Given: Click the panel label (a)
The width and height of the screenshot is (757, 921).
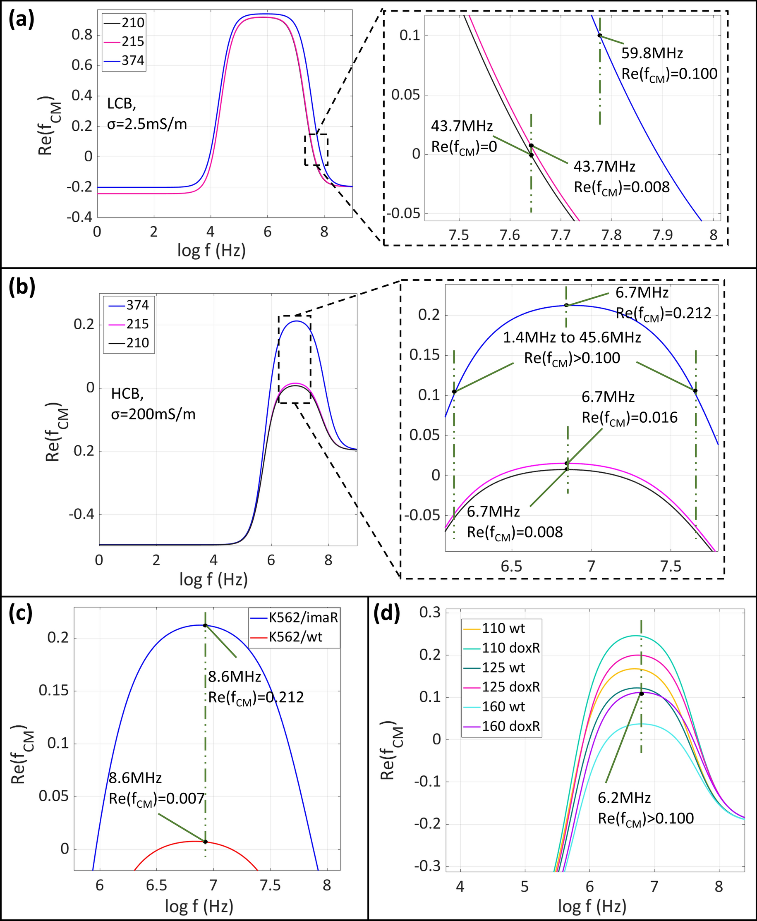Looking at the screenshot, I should click(22, 21).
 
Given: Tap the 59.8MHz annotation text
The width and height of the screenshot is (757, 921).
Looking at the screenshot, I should click(652, 54).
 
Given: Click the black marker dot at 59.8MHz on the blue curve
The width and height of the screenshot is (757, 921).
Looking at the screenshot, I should click(600, 36).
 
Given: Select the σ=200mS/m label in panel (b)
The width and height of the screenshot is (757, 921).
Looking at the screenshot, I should click(153, 414).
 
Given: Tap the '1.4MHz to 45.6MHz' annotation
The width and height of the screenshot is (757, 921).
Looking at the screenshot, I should click(572, 337).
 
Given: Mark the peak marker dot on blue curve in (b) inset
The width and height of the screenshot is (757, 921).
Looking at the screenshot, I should click(566, 305).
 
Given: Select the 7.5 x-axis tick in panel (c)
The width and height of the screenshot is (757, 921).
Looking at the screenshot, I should click(271, 886).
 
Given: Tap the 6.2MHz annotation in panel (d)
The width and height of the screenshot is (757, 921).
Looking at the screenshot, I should click(624, 798).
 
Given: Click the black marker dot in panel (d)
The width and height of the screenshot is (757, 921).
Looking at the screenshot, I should click(642, 694).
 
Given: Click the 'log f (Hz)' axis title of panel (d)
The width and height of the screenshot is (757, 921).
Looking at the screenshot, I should click(592, 906).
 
